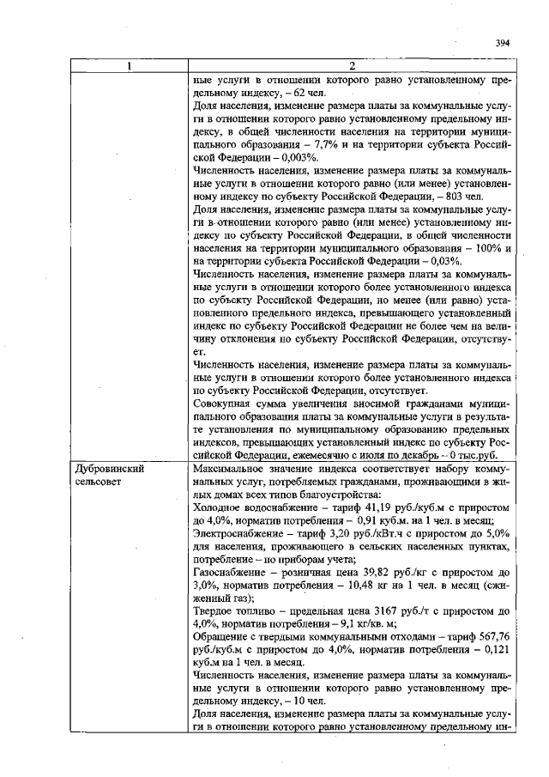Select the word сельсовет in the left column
[x=98, y=483]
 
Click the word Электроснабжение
[x=238, y=534]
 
